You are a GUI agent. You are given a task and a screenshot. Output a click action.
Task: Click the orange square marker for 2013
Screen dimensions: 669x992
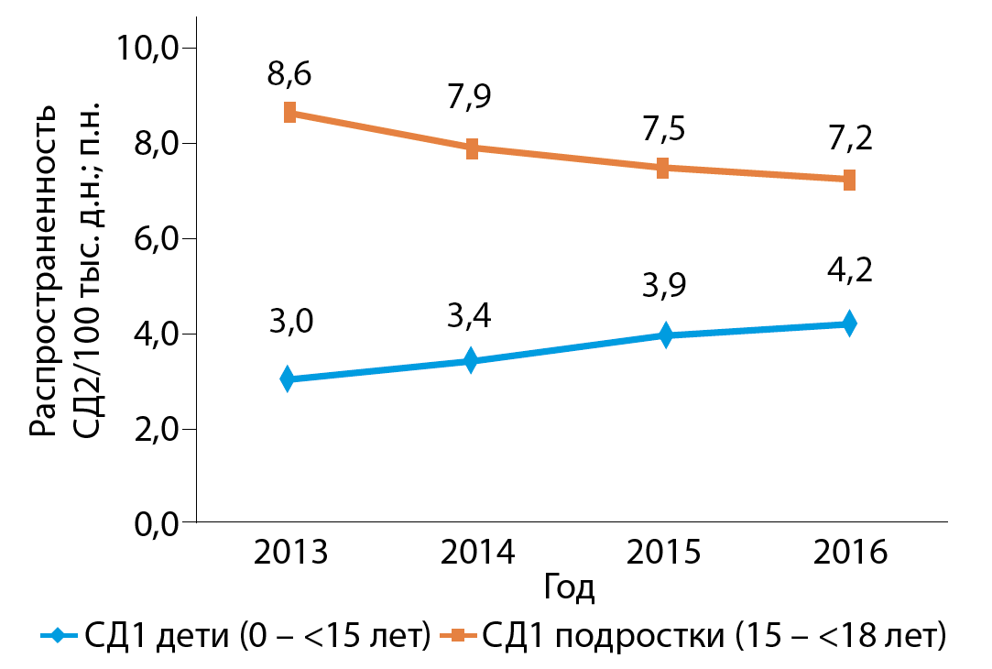289,113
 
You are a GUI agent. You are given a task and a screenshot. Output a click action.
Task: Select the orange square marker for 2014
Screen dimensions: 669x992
473,148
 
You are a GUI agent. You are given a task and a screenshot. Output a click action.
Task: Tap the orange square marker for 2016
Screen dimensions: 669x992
849,180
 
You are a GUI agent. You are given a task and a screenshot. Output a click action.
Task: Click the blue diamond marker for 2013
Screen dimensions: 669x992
288,378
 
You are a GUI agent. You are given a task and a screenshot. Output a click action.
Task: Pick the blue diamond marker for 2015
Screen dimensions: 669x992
666,335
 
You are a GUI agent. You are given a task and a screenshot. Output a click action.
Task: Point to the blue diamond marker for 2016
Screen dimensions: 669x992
849,324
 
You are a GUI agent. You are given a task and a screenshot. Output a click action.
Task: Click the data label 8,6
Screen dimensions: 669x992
289,73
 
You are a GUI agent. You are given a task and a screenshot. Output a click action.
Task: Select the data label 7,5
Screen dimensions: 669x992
663,128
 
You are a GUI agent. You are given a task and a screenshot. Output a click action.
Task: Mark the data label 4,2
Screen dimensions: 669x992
849,271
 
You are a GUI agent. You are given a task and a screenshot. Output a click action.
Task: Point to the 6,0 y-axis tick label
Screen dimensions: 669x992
152,238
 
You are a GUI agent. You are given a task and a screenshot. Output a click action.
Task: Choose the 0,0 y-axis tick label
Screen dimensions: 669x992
152,523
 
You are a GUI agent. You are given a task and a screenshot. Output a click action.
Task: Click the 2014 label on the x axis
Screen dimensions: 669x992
476,553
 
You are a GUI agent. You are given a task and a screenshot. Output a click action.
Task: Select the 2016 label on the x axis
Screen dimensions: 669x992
849,553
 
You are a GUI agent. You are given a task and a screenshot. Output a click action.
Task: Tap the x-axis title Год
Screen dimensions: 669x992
569,587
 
